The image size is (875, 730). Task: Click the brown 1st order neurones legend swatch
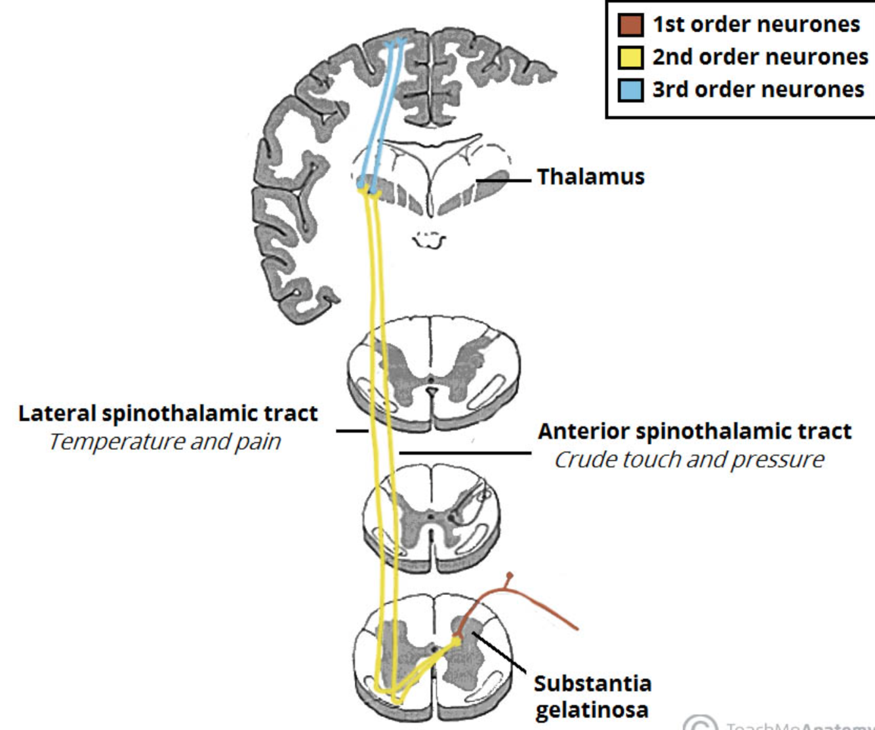(630, 25)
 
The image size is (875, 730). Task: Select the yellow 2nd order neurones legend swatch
(630, 57)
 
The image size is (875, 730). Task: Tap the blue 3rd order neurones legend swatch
(630, 89)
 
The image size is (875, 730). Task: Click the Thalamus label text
(590, 176)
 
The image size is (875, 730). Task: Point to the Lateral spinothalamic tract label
(168, 413)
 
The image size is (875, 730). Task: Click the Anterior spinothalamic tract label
(694, 431)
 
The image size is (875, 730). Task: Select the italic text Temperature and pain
(165, 442)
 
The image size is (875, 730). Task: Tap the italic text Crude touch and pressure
(689, 460)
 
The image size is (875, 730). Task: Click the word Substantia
(592, 683)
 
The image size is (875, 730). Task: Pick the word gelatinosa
(592, 710)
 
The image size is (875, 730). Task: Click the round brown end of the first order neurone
(510, 576)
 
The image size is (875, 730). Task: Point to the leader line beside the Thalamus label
(504, 180)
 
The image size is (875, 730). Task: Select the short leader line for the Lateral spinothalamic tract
(352, 431)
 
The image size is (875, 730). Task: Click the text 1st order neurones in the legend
(756, 25)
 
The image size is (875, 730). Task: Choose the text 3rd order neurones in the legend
(758, 89)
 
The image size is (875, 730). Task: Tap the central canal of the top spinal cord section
(430, 379)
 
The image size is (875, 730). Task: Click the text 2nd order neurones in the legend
(760, 57)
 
